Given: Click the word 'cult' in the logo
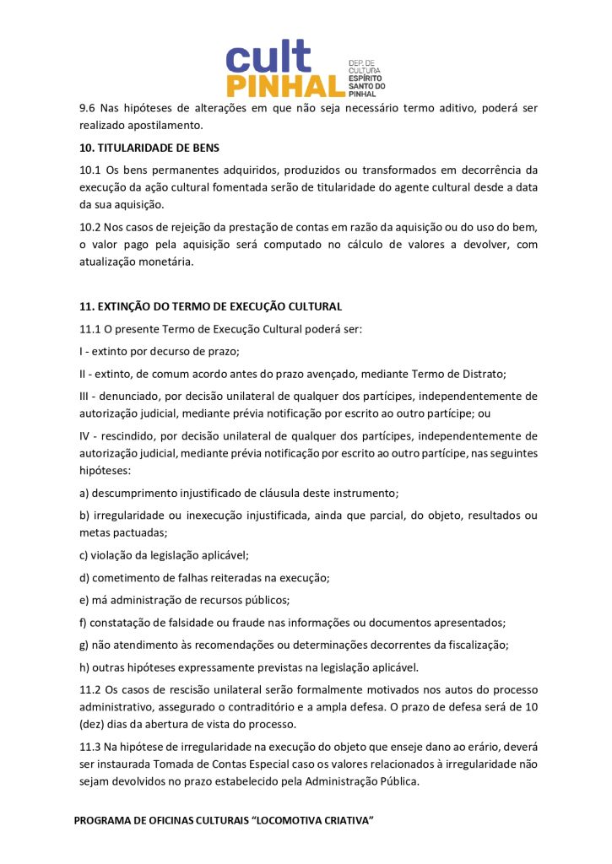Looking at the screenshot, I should coord(268,57).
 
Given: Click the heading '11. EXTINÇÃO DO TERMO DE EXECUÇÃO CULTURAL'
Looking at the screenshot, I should coord(210,306).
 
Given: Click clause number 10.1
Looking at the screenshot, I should coord(89,170).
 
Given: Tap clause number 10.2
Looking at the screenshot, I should coord(89,227).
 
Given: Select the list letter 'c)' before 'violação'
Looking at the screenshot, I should coord(84,555).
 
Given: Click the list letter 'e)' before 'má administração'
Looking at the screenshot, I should coord(84,600).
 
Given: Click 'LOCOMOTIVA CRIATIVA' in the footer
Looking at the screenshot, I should coord(314,822).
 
